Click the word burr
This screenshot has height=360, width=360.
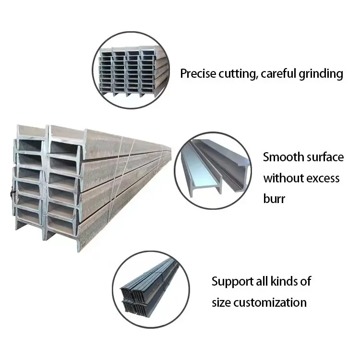274,199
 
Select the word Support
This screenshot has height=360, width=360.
232,281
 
